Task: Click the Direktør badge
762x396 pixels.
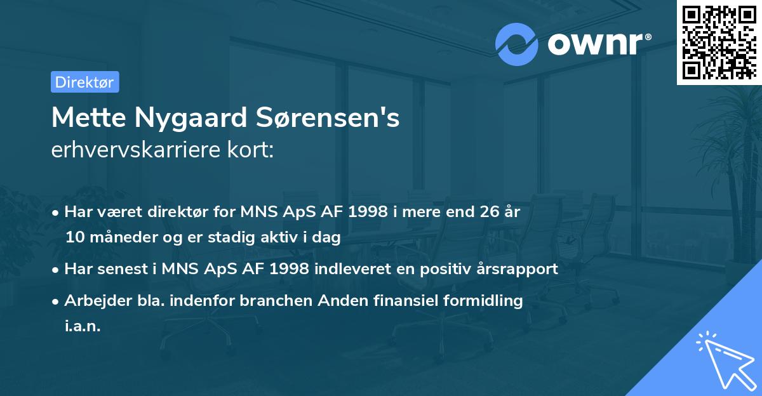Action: (x=84, y=82)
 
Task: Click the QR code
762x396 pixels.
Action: (x=719, y=42)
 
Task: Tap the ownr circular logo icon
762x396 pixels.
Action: (x=516, y=44)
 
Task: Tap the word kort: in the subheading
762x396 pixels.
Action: (x=253, y=150)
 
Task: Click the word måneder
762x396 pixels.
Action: (x=125, y=237)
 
